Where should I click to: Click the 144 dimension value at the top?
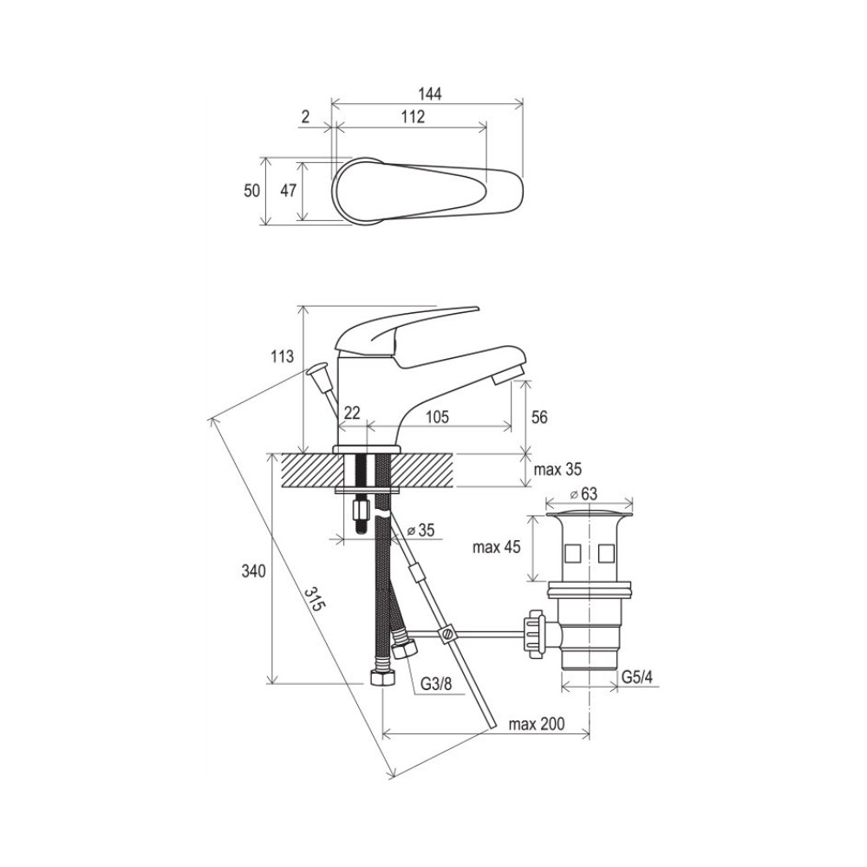pyautogui.click(x=430, y=94)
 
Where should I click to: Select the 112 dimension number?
pyautogui.click(x=413, y=117)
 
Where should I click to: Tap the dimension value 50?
pyautogui.click(x=252, y=191)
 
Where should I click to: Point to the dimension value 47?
pyautogui.click(x=289, y=191)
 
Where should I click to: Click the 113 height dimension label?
pyautogui.click(x=282, y=356)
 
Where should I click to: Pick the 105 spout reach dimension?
pyautogui.click(x=437, y=416)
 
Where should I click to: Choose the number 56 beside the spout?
pyautogui.click(x=539, y=417)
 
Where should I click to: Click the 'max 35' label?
pyautogui.click(x=557, y=469)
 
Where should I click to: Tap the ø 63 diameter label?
pyautogui.click(x=583, y=493)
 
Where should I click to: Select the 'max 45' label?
pyautogui.click(x=497, y=547)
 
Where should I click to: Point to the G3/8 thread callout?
pyautogui.click(x=436, y=684)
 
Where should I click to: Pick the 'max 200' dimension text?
pyautogui.click(x=537, y=724)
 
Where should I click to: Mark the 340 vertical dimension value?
pyautogui.click(x=254, y=571)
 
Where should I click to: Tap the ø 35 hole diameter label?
pyautogui.click(x=420, y=531)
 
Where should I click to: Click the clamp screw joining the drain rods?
pyautogui.click(x=447, y=634)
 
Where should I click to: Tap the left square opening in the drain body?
pyautogui.click(x=572, y=553)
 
